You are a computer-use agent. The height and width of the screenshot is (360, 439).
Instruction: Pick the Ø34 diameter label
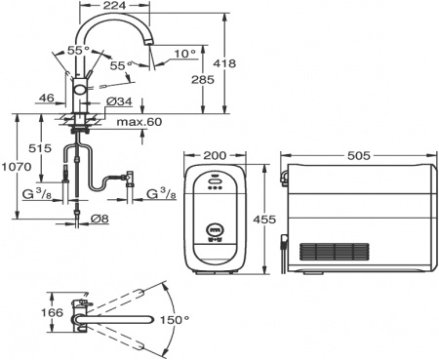coord(117,100)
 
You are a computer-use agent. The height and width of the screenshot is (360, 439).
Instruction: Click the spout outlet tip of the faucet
coord(151,67)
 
